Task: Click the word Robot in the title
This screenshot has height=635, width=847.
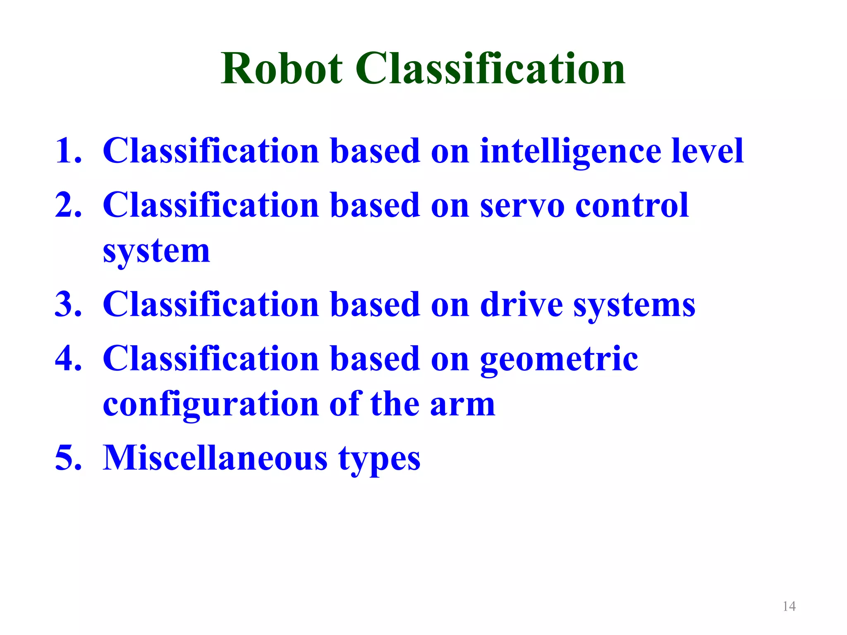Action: [x=282, y=69]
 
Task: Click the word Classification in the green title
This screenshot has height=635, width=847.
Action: [x=490, y=69]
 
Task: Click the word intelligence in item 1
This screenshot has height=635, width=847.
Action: [x=570, y=152]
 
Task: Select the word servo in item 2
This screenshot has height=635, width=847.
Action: [x=522, y=206]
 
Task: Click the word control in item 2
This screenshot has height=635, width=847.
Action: [x=632, y=205]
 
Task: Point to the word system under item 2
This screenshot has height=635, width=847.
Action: [x=156, y=251]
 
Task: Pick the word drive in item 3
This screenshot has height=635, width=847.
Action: [x=522, y=304]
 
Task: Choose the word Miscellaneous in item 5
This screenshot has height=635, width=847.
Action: [x=215, y=458]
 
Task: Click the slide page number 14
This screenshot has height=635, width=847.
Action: [x=789, y=606]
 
